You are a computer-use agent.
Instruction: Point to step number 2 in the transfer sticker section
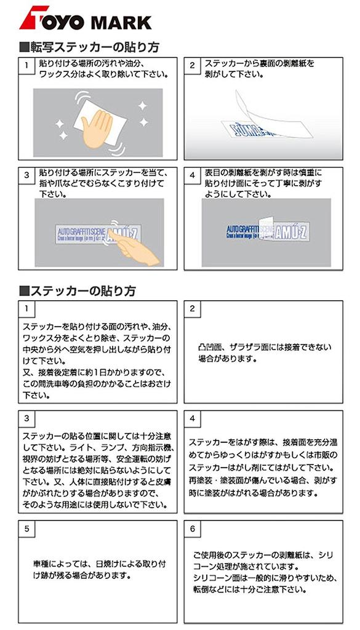pos(192,65)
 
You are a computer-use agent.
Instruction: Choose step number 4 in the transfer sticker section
pos(192,175)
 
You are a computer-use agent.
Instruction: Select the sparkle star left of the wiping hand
pos(60,125)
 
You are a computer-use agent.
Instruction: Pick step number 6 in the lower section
pos(192,528)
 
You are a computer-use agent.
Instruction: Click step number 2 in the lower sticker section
pos(192,308)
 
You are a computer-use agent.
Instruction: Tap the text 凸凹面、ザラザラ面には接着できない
pos(265,347)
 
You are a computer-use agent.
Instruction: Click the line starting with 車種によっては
pos(100,564)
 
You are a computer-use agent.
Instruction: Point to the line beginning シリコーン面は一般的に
pos(262,578)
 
